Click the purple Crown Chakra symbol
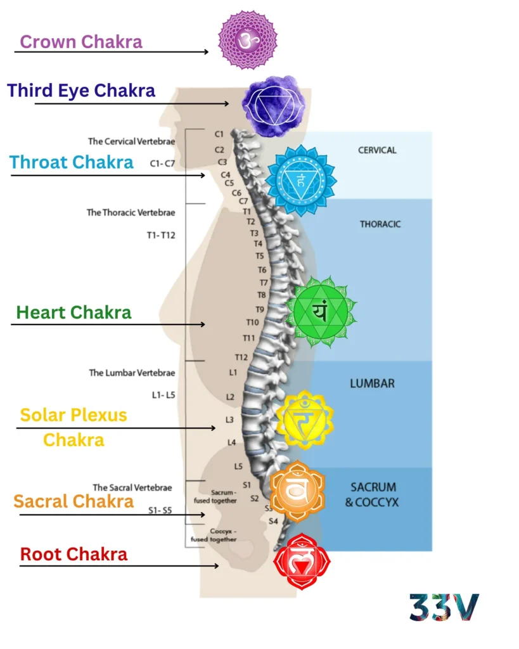tap(248, 40)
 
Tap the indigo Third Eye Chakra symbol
tap(274, 104)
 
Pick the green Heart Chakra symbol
tap(321, 311)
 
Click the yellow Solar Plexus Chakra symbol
tap(304, 419)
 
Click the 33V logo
tap(444, 607)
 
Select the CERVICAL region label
tap(377, 150)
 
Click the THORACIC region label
tap(380, 224)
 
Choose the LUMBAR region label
tap(373, 383)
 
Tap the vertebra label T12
tap(241, 357)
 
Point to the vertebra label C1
tap(219, 134)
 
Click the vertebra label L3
tap(230, 420)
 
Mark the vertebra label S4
tap(273, 521)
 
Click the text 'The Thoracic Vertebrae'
tap(131, 212)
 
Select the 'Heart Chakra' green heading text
tap(74, 312)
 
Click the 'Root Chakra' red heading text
tap(74, 554)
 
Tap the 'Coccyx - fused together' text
tap(214, 535)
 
